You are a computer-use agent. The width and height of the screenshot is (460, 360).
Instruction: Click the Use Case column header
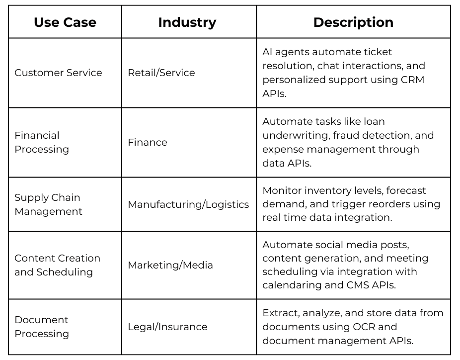(65, 22)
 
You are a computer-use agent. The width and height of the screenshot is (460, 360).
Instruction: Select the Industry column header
(187, 22)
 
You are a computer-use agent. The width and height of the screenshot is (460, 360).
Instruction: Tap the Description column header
(353, 22)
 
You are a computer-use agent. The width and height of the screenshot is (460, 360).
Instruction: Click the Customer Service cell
(58, 73)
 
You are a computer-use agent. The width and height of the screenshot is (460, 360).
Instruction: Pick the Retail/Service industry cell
(161, 73)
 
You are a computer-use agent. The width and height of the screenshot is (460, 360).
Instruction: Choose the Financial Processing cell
(42, 142)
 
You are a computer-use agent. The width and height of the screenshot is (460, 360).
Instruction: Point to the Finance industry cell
(148, 142)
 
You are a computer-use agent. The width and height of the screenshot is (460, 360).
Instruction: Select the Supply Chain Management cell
(48, 204)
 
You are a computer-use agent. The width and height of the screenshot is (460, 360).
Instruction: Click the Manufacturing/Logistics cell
(188, 204)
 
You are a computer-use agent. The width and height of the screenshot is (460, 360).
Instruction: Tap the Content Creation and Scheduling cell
(57, 265)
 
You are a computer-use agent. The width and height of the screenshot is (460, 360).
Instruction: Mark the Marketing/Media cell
(170, 265)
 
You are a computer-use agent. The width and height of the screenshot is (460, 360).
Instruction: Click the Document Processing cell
(42, 327)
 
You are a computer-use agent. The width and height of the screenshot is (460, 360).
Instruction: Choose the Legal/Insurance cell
(167, 327)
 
